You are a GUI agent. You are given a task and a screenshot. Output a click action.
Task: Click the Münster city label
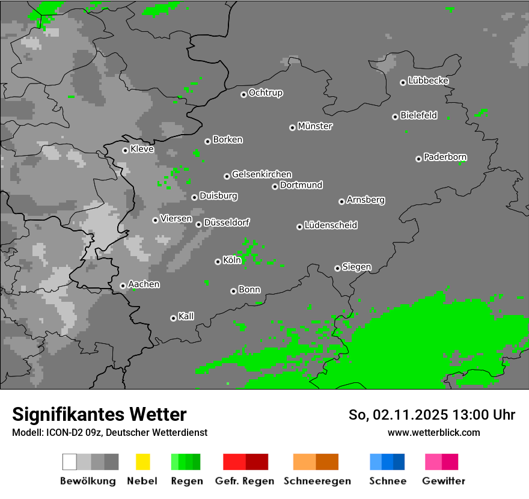(315, 126)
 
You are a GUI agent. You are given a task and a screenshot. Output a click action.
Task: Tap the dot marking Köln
(218, 262)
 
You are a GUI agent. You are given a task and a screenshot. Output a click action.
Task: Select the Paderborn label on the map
(445, 158)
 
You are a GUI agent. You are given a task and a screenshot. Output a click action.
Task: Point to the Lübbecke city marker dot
(403, 82)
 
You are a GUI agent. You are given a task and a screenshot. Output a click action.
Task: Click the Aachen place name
(144, 284)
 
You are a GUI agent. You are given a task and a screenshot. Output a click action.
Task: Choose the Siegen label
(356, 267)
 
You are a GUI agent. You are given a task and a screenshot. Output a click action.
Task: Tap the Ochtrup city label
(266, 93)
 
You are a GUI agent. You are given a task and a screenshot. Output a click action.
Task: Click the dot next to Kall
(173, 318)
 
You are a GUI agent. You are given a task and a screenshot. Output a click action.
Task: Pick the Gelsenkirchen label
(261, 175)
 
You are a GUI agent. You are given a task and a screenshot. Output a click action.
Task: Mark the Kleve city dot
(125, 150)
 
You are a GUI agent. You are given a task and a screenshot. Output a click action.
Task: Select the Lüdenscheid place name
(331, 225)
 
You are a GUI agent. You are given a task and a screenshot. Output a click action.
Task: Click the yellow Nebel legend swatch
(143, 462)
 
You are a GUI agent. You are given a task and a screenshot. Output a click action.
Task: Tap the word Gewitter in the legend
(444, 481)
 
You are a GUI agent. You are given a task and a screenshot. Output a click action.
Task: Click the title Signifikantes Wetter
(99, 414)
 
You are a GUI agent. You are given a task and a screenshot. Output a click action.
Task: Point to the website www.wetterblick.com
(433, 432)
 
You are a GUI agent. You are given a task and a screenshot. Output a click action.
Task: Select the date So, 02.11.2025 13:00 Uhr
(432, 415)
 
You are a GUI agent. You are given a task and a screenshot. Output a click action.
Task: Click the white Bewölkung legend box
(70, 462)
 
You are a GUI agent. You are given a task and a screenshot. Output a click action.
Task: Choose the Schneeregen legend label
(316, 481)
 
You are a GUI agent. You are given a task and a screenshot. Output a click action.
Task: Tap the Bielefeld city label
(419, 115)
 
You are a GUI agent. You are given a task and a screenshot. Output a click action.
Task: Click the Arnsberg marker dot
(341, 201)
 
